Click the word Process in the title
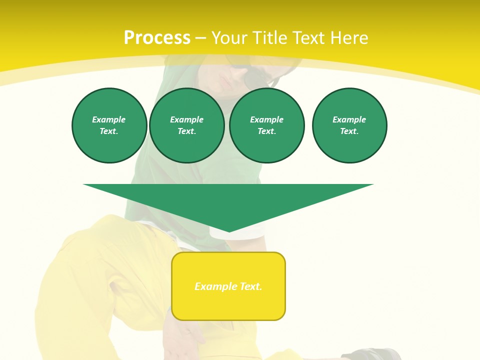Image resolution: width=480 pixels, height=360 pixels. tap(157, 38)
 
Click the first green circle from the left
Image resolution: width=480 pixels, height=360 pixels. tap(109, 125)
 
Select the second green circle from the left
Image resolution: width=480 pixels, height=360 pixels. tap(187, 125)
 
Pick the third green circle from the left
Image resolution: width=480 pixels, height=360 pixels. tap(267, 125)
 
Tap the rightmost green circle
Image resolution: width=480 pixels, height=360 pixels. tap(349, 125)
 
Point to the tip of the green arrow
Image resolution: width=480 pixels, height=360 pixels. tap(229, 230)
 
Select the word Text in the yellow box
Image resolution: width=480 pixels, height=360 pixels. tap(251, 286)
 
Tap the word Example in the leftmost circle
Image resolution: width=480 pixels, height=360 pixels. tap(109, 119)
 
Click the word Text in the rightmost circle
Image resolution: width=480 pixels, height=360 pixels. tap(349, 131)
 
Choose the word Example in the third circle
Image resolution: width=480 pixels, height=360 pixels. tap(267, 119)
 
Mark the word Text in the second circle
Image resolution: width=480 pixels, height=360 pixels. tap(186, 131)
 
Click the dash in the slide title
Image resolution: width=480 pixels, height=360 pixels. tap(200, 38)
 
